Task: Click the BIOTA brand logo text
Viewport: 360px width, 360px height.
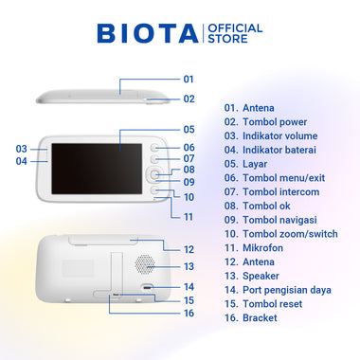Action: pos(148,33)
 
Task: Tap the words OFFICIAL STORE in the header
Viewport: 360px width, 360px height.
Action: pos(235,33)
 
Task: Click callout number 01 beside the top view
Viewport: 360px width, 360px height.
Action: pos(189,79)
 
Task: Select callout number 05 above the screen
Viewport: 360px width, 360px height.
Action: pos(189,130)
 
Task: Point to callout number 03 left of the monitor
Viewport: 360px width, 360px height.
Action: pos(22,149)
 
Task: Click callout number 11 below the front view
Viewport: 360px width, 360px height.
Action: pos(189,217)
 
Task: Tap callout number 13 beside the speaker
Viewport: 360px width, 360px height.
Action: pos(189,266)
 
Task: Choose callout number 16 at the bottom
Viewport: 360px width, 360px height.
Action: pos(189,314)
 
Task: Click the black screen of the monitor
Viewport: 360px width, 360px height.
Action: pos(97,169)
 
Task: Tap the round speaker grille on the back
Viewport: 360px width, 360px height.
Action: pos(145,264)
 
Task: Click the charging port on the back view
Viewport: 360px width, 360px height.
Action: pos(147,288)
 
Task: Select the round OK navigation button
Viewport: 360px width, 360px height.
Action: pos(154,174)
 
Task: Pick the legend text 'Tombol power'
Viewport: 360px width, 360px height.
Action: pos(275,122)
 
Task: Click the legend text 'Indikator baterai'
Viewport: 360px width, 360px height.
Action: pos(279,150)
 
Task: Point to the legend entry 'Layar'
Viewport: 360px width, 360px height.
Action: pos(255,164)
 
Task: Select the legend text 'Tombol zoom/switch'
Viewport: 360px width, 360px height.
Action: pos(290,234)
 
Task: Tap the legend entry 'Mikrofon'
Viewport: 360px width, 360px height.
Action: pos(262,248)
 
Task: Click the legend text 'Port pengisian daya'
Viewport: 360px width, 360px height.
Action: pos(287,290)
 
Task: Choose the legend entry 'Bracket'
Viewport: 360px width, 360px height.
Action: pos(260,318)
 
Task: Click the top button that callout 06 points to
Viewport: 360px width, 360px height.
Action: pos(154,148)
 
